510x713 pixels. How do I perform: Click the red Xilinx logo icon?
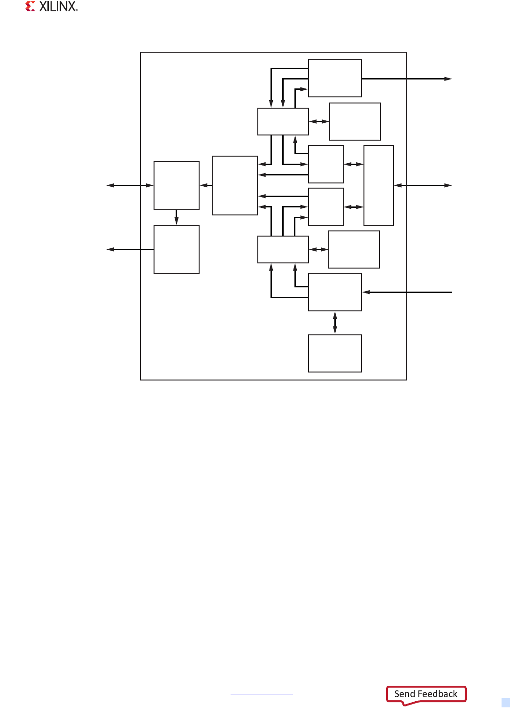[x=31, y=7]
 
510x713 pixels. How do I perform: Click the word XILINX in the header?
[x=58, y=7]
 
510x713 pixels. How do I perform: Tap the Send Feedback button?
[x=425, y=694]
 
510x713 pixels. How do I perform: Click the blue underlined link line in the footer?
[x=262, y=695]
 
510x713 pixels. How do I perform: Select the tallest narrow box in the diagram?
[x=379, y=185]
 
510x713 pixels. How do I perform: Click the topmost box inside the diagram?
[x=335, y=78]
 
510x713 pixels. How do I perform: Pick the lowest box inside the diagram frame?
[x=335, y=353]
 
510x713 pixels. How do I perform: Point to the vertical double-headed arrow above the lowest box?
[x=335, y=323]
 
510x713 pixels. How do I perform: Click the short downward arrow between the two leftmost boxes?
[x=177, y=217]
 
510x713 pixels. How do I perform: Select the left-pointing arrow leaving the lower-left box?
[x=127, y=249]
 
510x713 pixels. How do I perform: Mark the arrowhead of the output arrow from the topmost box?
[x=448, y=79]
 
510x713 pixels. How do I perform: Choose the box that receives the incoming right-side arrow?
[x=335, y=292]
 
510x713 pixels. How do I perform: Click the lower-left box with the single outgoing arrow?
[x=177, y=249]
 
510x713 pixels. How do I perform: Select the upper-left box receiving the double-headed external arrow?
[x=177, y=185]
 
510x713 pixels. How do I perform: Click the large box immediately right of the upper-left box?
[x=235, y=185]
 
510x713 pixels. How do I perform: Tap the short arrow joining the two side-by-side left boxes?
[x=206, y=185]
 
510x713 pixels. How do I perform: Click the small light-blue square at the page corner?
[x=506, y=703]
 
